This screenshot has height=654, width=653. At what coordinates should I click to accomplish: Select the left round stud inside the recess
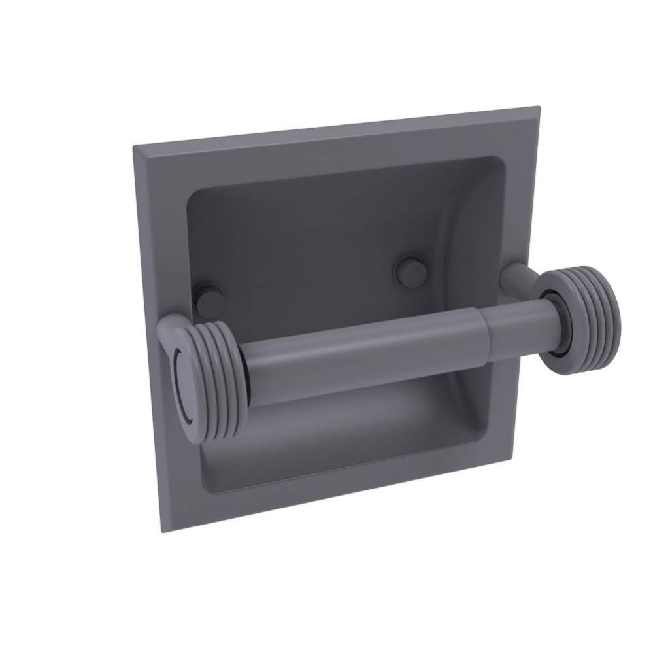(209, 301)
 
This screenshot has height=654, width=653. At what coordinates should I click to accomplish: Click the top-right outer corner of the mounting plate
(539, 107)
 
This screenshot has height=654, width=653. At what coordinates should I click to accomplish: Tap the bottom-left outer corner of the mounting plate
(161, 531)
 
